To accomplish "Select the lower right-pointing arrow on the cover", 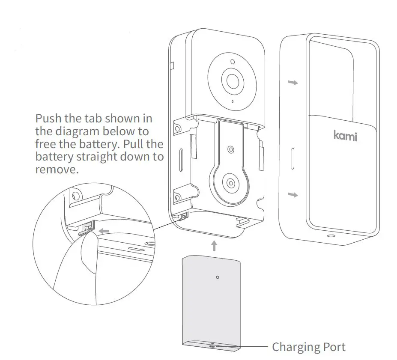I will point(293,195).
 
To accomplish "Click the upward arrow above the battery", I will point(214,246).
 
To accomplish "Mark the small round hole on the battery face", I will point(218,277).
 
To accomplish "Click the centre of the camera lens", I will point(232,80).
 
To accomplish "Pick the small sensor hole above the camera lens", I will point(232,62).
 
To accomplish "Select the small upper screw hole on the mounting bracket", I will point(231,149).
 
